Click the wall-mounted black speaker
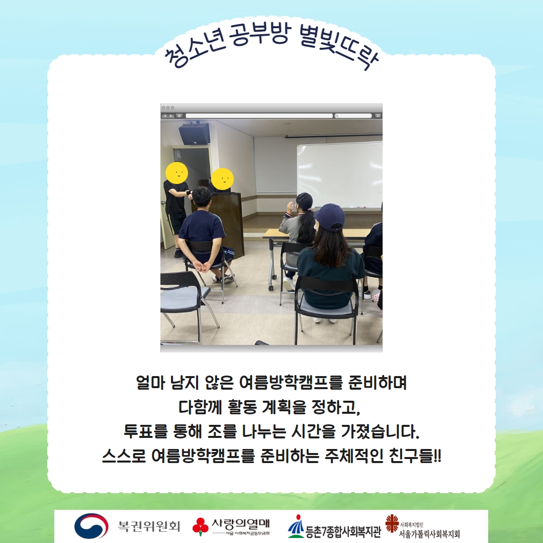pos(195,133)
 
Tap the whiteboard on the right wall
pos(340,175)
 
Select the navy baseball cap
pos(329,217)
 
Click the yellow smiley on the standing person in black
pos(176,173)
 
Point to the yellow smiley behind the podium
pos(222,179)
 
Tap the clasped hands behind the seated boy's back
pos(202,266)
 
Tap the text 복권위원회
pos(149,526)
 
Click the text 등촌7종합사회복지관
pos(343,531)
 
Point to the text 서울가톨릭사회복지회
pos(429,534)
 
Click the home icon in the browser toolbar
pos(179,116)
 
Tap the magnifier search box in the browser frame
pos(353,116)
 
